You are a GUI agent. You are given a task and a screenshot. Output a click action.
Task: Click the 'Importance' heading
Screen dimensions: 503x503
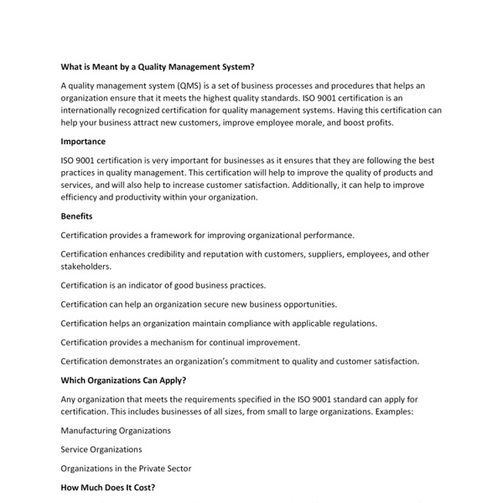83,142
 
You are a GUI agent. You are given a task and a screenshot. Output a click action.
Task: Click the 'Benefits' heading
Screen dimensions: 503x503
77,215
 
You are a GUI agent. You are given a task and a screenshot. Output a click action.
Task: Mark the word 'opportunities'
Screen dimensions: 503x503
307,304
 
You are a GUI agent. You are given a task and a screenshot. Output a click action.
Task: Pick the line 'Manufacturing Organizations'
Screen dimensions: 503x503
116,430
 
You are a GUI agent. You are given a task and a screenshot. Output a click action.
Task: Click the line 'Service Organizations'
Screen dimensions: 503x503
101,449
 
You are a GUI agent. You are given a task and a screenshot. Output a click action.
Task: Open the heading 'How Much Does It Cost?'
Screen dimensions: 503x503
108,487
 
